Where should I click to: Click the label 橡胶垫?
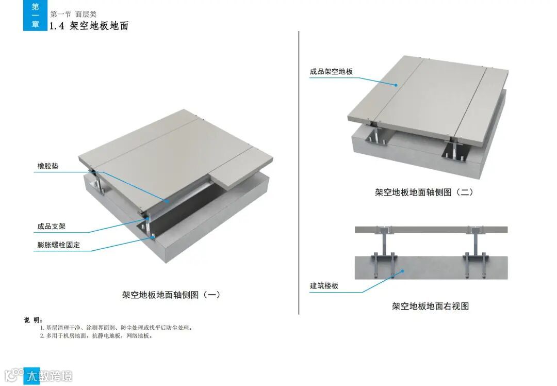tap(48, 166)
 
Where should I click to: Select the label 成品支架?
tap(52, 226)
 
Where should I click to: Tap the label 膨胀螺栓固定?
tap(59, 245)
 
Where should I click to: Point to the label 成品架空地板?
tap(331, 72)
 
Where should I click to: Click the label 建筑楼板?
tap(324, 285)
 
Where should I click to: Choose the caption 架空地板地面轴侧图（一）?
tap(171, 295)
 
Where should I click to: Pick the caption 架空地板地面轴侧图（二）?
tap(424, 192)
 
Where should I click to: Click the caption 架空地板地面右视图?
tap(430, 306)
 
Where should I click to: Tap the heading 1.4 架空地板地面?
tap(89, 26)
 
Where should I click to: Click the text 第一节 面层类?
tap(73, 14)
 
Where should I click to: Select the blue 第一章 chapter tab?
tap(35, 15)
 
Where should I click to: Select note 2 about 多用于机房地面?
tap(96, 336)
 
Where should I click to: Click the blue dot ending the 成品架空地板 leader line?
tap(396, 85)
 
